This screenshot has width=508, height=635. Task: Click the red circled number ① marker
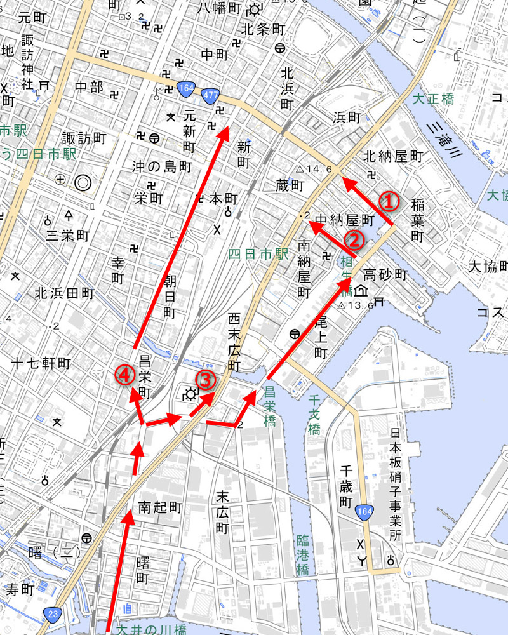(x=389, y=201)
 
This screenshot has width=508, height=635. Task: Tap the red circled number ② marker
(x=354, y=239)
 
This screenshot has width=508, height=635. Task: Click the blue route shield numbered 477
(x=211, y=95)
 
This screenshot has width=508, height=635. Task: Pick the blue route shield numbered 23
(x=52, y=613)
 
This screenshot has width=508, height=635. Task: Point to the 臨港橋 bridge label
(x=302, y=556)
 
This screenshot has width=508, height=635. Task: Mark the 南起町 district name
(x=160, y=507)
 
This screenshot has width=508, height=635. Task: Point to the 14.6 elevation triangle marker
(x=300, y=169)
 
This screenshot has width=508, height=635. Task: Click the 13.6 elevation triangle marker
(x=341, y=305)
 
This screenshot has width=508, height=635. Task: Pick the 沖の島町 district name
(x=161, y=166)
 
